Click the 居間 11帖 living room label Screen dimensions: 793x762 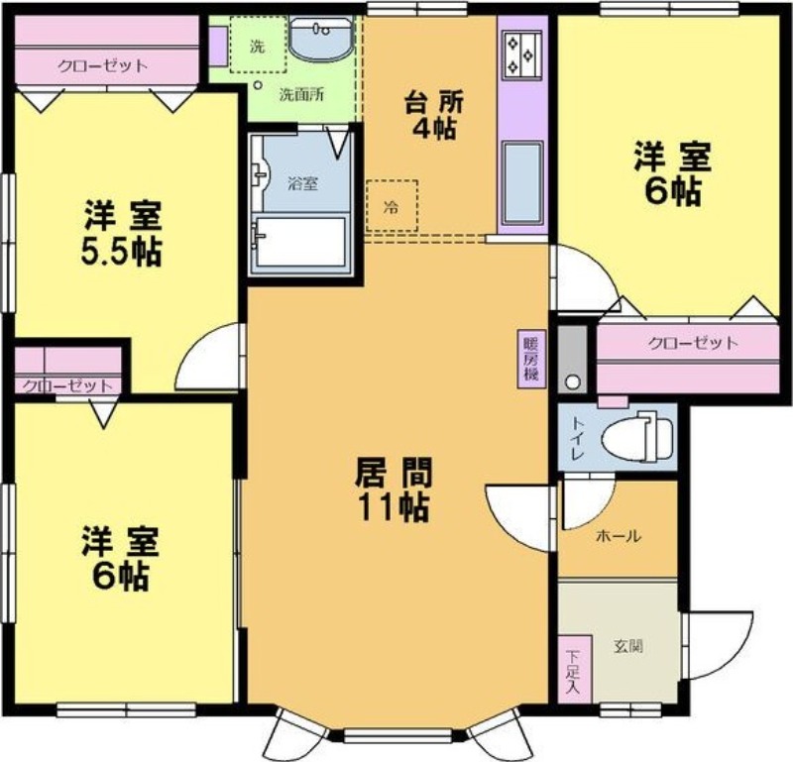(x=394, y=490)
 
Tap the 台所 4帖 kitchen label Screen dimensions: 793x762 (x=434, y=116)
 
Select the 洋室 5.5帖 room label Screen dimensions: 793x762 (x=122, y=233)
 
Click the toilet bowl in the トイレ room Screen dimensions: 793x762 (x=637, y=436)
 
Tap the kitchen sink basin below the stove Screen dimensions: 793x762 (x=523, y=182)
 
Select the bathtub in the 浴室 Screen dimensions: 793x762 (x=301, y=242)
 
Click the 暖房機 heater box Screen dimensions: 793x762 (x=531, y=359)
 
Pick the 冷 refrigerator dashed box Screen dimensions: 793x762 (x=392, y=205)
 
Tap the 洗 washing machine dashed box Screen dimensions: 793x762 (x=258, y=45)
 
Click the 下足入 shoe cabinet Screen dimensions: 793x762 (x=574, y=669)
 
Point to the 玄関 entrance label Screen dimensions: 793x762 (x=628, y=646)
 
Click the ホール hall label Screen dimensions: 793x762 (x=619, y=535)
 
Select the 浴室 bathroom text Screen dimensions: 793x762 (x=303, y=183)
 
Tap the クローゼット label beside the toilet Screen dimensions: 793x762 (x=693, y=343)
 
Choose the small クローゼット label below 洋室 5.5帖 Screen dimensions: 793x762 (x=67, y=386)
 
